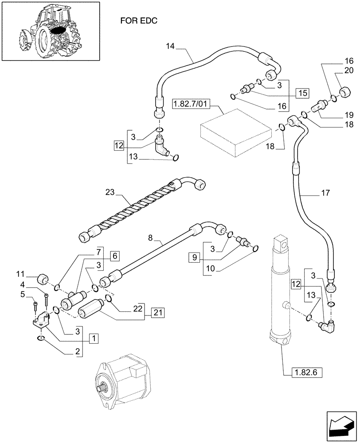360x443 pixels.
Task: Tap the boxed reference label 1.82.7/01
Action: tap(192, 104)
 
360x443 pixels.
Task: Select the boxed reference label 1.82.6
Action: tap(305, 372)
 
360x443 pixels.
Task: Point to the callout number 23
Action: tap(110, 193)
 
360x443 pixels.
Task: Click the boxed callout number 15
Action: tap(302, 94)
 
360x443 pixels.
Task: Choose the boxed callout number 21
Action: tap(158, 312)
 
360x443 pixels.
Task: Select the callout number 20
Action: tap(348, 70)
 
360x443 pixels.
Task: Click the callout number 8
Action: tap(150, 238)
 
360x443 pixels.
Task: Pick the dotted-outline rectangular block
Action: tap(235, 133)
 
